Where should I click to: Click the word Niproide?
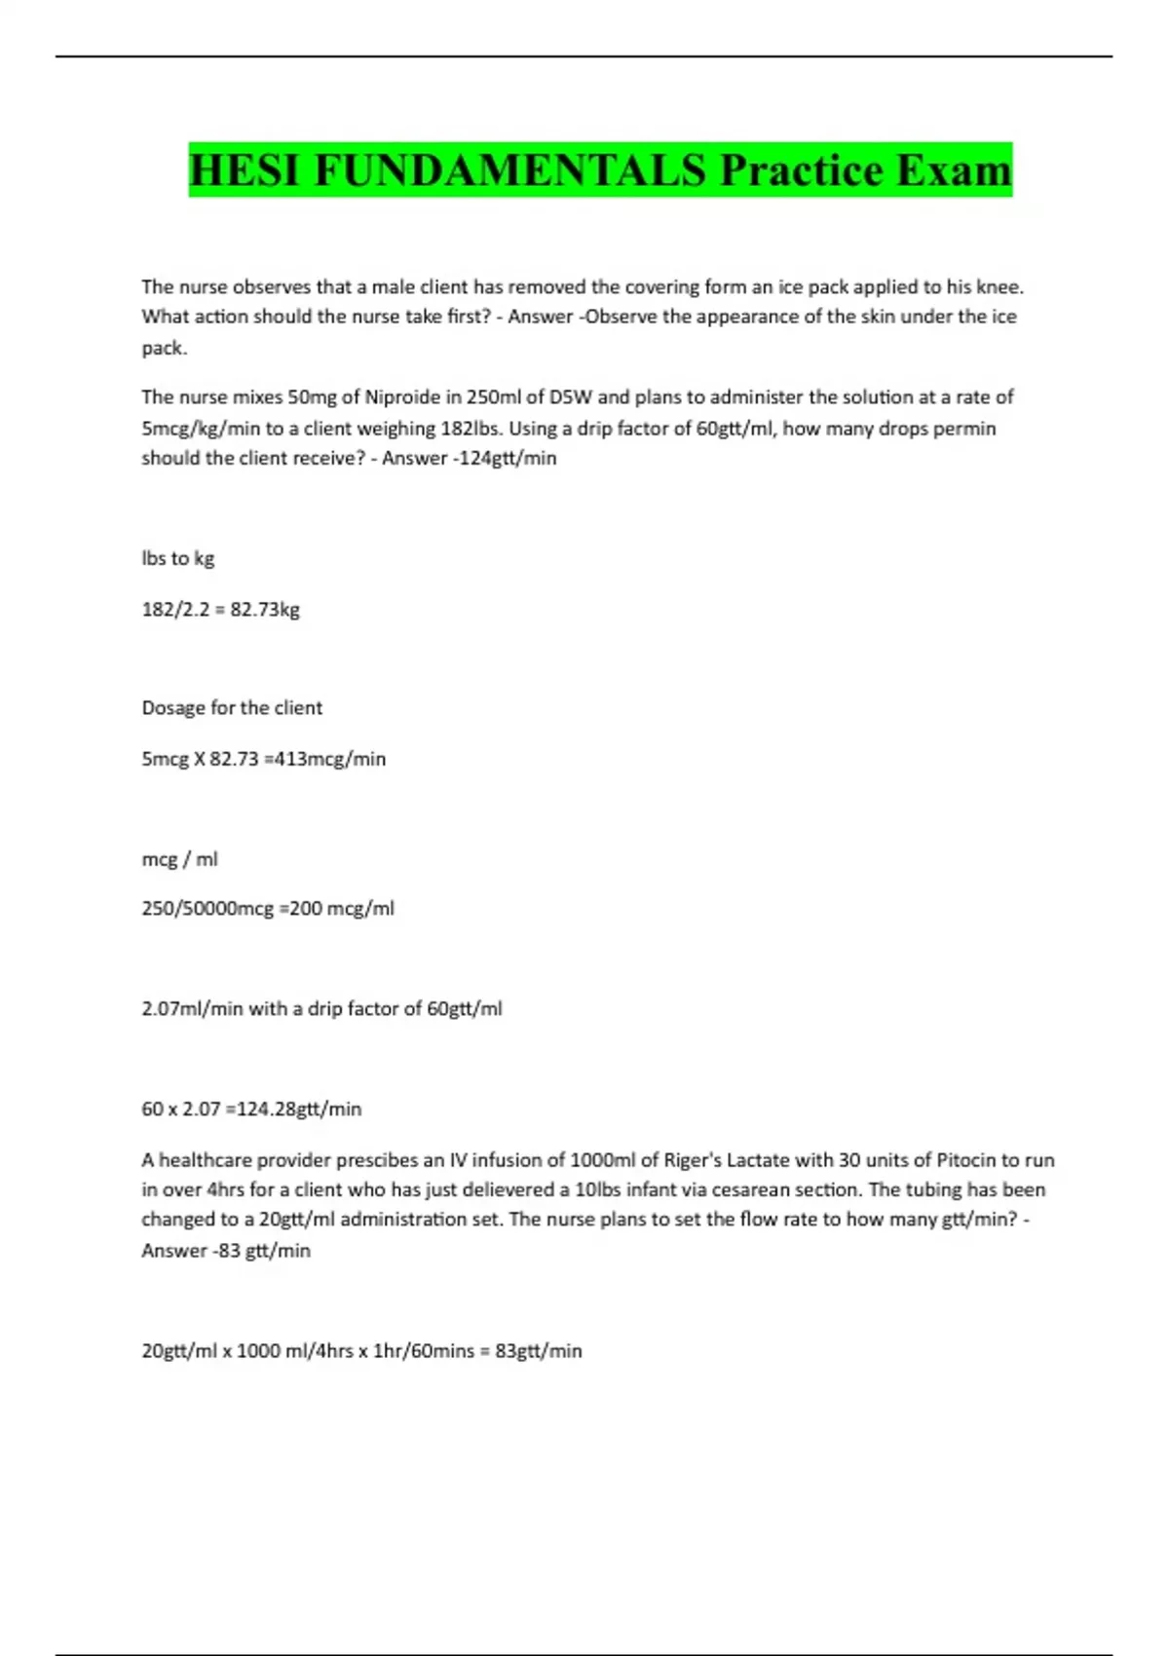[x=402, y=397]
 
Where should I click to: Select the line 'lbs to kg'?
[x=177, y=558]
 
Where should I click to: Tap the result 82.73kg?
[x=264, y=610]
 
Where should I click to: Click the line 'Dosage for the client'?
[x=232, y=708]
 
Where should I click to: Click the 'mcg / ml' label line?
[x=179, y=859]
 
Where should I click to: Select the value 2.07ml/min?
[x=192, y=1009]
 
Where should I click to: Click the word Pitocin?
[x=966, y=1160]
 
